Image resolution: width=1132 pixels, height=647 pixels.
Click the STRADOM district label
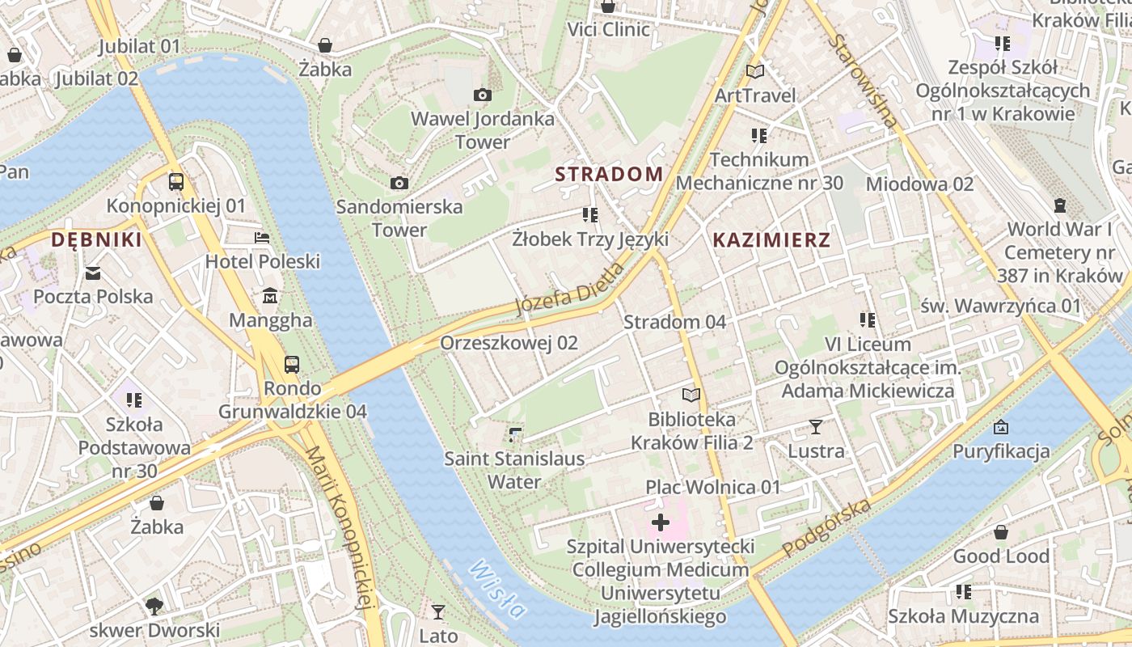pyautogui.click(x=609, y=174)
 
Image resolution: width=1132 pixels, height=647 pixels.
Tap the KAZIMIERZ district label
pyautogui.click(x=771, y=240)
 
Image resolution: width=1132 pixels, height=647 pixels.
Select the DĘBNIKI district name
pyautogui.click(x=96, y=239)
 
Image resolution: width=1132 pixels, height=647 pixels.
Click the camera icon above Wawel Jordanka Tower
pyautogui.click(x=483, y=95)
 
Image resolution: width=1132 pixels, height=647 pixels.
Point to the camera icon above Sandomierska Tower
pyautogui.click(x=399, y=183)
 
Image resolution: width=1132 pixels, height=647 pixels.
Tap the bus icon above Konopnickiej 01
pyautogui.click(x=176, y=182)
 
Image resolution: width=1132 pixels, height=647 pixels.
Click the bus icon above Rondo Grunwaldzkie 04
pyautogui.click(x=292, y=365)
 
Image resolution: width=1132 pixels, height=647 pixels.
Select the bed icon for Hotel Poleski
pyautogui.click(x=263, y=238)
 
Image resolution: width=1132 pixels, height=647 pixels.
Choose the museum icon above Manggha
pyautogui.click(x=270, y=296)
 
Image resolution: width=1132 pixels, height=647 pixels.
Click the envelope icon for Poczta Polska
pyautogui.click(x=93, y=273)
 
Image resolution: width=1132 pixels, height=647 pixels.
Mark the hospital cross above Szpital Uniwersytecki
pyautogui.click(x=661, y=522)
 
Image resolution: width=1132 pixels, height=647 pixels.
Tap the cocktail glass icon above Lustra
pyautogui.click(x=816, y=427)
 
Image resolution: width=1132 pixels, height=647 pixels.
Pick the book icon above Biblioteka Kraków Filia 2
pyautogui.click(x=691, y=395)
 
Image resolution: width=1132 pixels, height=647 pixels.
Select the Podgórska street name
pyautogui.click(x=826, y=529)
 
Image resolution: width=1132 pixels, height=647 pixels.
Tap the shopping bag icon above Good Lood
pyautogui.click(x=1001, y=532)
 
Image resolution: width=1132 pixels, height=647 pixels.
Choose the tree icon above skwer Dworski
pyautogui.click(x=154, y=606)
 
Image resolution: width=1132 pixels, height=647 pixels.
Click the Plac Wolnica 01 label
pyautogui.click(x=712, y=487)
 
